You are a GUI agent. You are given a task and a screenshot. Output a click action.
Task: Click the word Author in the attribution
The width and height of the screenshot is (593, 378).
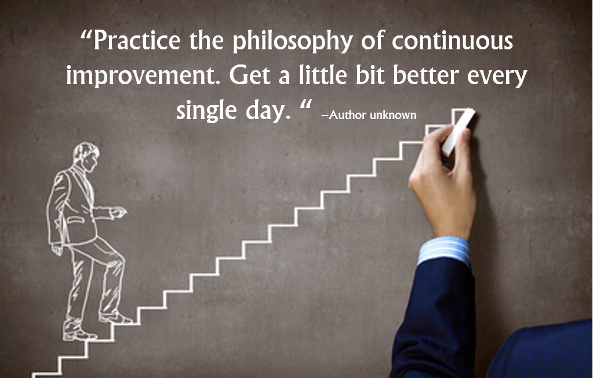(x=348, y=114)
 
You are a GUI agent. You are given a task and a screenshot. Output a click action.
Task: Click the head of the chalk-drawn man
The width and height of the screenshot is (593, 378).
(x=85, y=156)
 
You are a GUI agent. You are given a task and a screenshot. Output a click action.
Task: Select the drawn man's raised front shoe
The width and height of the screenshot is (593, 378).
(x=116, y=318)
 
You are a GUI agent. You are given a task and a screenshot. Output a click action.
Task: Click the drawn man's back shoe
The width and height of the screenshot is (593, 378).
(x=78, y=334)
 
